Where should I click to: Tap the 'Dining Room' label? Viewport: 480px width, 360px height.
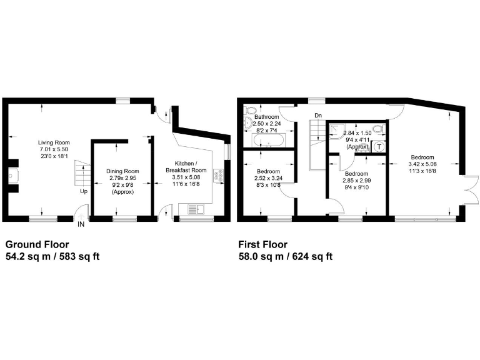pyautogui.click(x=122, y=171)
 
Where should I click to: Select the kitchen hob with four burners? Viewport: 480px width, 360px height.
pyautogui.click(x=219, y=176)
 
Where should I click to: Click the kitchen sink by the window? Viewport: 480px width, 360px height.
pyautogui.click(x=191, y=208)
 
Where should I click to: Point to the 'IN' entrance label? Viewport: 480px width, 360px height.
pyautogui.click(x=81, y=224)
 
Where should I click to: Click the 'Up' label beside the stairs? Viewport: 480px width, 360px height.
pyautogui.click(x=83, y=191)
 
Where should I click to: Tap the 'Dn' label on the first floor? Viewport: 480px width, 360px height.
pyautogui.click(x=318, y=115)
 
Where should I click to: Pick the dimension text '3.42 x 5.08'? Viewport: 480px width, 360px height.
pyautogui.click(x=423, y=164)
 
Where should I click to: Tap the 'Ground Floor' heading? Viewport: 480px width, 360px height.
pyautogui.click(x=37, y=244)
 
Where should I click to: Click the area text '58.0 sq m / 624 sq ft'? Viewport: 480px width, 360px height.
pyautogui.click(x=285, y=256)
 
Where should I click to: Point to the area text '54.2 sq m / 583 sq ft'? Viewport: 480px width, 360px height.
pyautogui.click(x=52, y=256)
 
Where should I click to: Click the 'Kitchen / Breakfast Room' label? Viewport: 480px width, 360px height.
pyautogui.click(x=186, y=167)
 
